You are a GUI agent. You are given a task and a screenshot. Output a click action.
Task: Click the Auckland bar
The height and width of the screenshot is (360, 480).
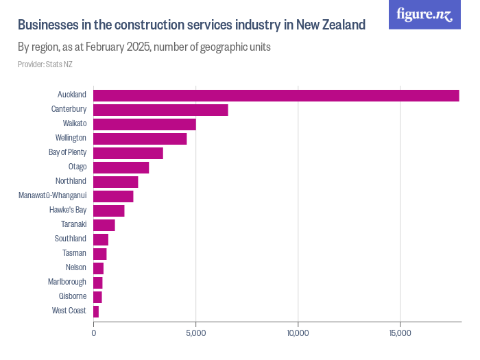(x=276, y=95)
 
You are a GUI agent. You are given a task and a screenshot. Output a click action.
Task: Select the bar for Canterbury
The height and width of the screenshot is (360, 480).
(x=160, y=110)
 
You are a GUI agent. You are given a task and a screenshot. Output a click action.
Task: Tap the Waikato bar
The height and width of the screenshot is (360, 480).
(x=144, y=124)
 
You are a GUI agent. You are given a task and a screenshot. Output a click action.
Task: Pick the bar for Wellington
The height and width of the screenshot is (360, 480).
(x=140, y=139)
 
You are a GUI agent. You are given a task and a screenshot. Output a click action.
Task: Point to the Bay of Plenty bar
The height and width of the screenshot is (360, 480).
(x=128, y=153)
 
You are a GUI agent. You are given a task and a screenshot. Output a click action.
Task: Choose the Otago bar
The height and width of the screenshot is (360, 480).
(x=121, y=167)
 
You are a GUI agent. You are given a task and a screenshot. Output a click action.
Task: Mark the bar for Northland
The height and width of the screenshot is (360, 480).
(x=115, y=182)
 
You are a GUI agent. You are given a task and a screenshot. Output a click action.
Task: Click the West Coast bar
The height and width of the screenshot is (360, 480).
(x=96, y=311)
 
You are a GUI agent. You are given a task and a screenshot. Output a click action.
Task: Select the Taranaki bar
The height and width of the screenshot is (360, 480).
(x=104, y=225)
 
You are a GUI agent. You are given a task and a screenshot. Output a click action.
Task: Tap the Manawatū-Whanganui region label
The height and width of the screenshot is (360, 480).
(x=52, y=195)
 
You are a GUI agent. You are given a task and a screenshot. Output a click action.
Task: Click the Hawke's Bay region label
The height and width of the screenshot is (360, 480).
(x=67, y=210)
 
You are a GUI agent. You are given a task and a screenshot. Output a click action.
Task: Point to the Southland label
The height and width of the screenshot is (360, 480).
(x=70, y=239)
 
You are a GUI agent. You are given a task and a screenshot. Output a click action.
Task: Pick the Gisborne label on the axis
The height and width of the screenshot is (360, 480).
(x=72, y=296)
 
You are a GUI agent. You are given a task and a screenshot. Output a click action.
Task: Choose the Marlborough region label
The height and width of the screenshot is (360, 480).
(x=67, y=282)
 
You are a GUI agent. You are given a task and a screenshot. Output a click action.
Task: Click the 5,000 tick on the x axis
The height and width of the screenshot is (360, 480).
(x=196, y=333)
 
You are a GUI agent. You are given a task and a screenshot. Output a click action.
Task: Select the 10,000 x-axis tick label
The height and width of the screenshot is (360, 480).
(x=298, y=333)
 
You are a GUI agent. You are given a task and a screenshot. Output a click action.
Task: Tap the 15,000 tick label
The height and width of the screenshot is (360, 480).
(x=400, y=333)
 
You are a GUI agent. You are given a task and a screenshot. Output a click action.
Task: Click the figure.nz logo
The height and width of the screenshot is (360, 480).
(x=424, y=14)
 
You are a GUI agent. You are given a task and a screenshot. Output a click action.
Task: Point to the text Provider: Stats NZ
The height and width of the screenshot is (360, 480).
(x=45, y=64)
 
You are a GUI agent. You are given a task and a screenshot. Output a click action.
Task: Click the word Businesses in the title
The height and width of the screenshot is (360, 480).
(x=48, y=25)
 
